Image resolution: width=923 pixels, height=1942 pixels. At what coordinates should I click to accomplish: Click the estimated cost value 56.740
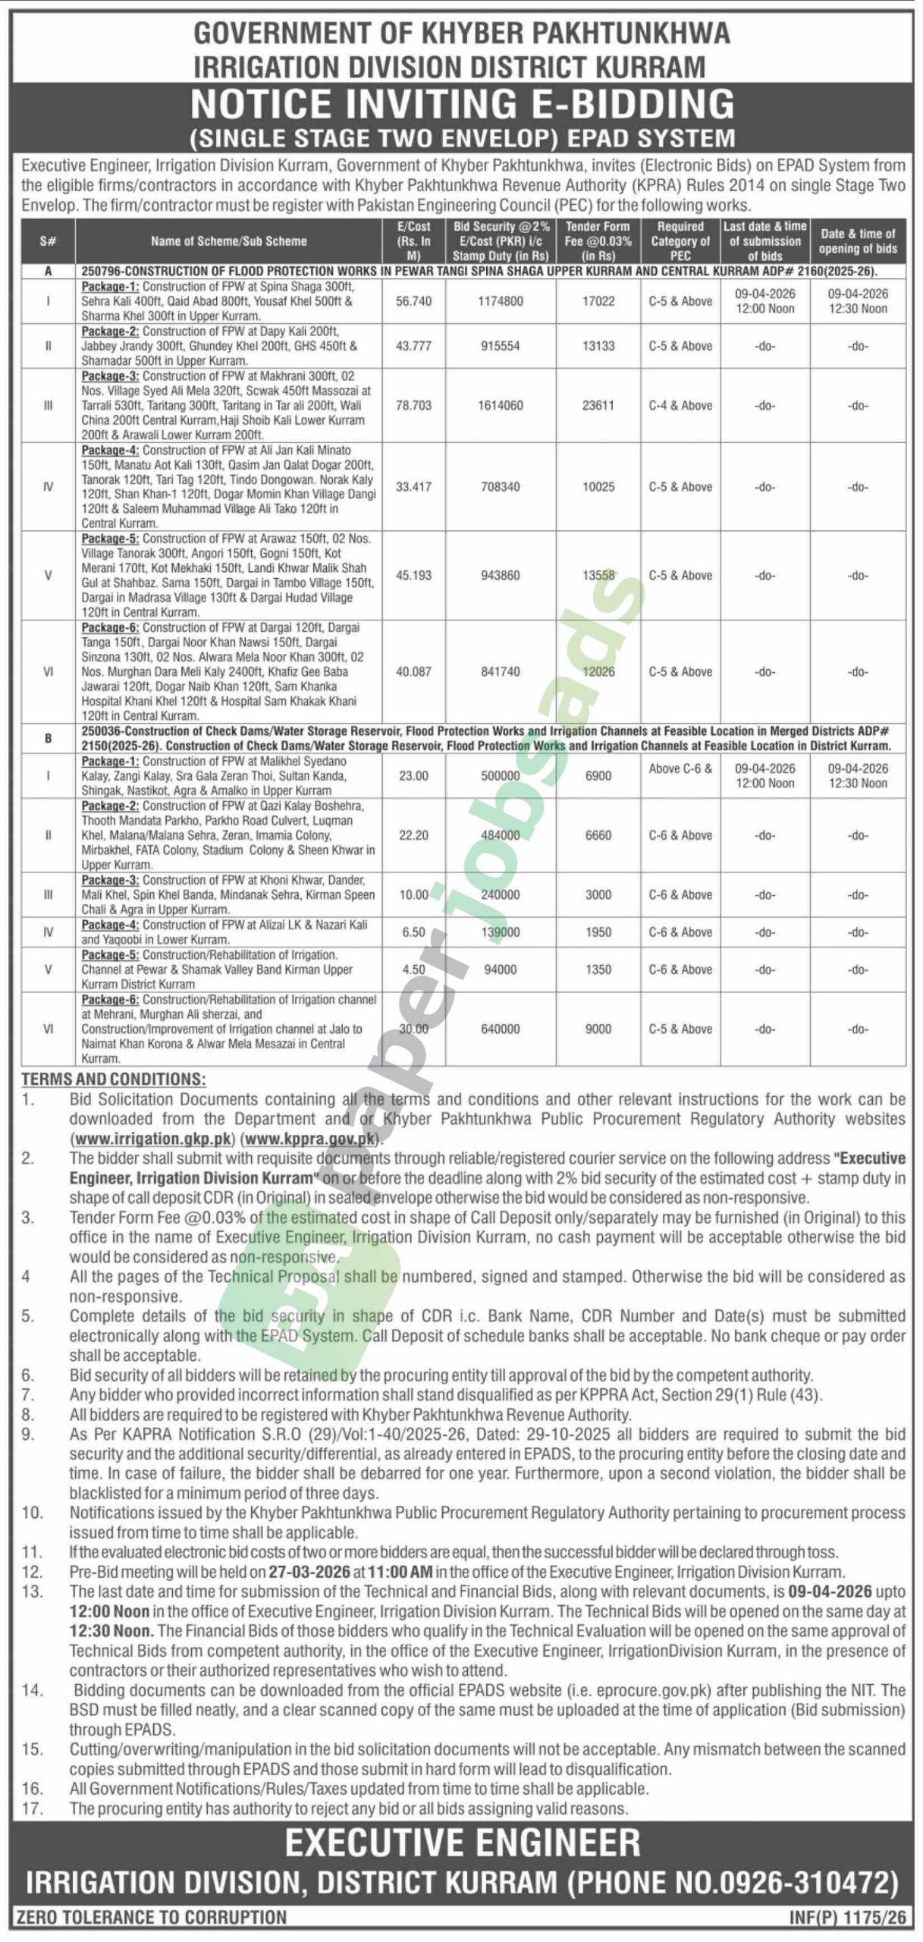pos(413,301)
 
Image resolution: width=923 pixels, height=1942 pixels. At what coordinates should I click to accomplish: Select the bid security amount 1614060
pos(500,406)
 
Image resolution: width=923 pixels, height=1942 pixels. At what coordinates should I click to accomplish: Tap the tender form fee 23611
pos(598,406)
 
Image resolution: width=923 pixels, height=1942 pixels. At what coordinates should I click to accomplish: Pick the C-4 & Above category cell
pos(680,406)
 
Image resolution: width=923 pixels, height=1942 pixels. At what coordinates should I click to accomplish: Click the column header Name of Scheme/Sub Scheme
pos(228,241)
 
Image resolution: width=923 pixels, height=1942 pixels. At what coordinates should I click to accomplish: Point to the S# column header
pos(48,241)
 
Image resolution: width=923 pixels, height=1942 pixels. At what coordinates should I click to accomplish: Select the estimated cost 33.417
pos(413,487)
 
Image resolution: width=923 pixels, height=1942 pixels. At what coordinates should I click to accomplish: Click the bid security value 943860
pos(500,576)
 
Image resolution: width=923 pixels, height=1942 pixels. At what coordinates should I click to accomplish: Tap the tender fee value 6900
pos(598,776)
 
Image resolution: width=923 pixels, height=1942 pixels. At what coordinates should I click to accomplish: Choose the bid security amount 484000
pos(500,835)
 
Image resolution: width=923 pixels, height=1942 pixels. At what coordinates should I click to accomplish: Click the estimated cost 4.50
pos(413,969)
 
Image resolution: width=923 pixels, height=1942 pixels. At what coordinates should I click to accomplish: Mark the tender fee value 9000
pos(598,1029)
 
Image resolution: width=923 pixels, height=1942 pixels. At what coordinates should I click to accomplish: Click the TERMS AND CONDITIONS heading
pos(113,1079)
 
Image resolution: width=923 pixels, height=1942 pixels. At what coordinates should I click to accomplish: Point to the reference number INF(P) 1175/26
pos(848,1918)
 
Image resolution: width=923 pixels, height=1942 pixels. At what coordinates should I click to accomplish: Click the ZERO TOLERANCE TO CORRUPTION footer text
pos(151,1918)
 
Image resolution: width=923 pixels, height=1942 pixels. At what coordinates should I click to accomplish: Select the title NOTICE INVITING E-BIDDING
pos(462,104)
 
